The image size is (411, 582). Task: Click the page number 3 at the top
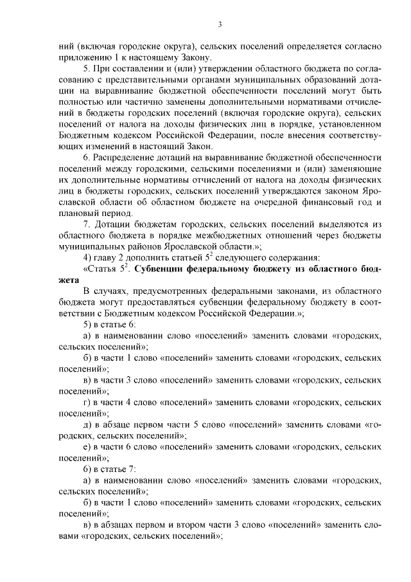tap(220, 25)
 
